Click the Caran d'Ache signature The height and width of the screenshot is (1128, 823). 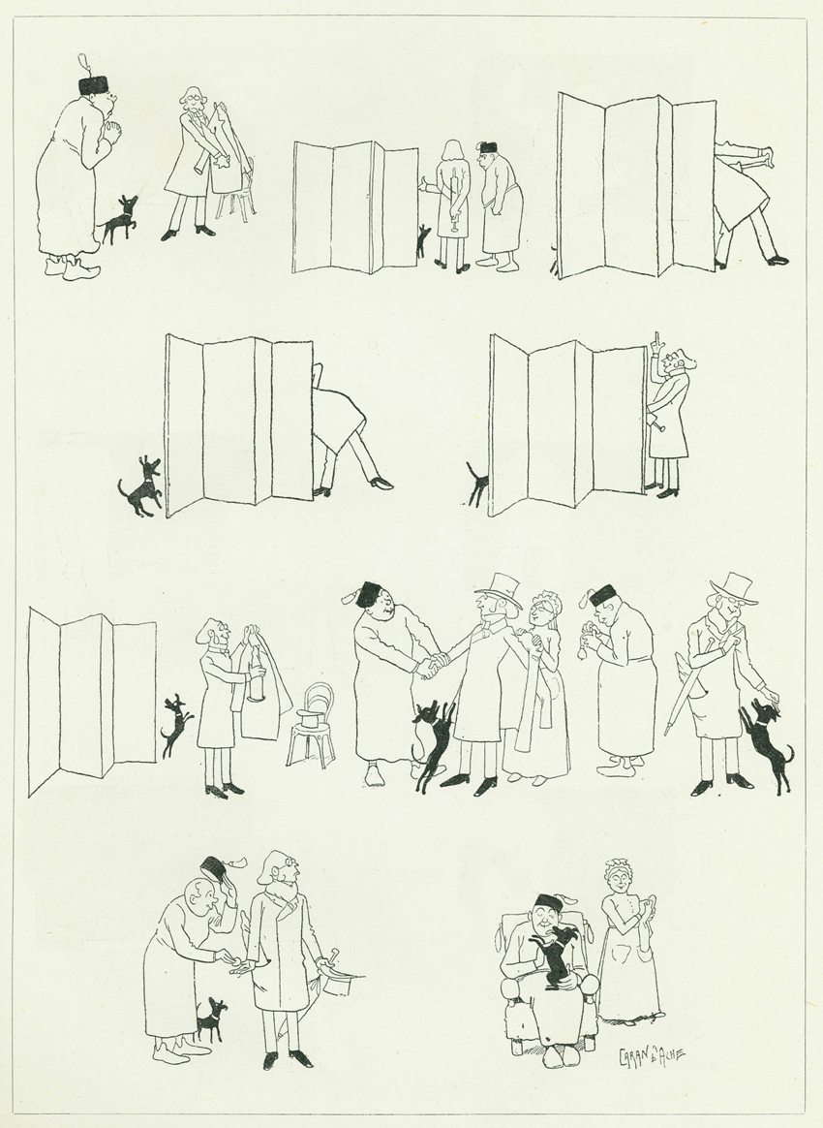coord(652,1057)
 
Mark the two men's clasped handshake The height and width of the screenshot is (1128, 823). coord(431,666)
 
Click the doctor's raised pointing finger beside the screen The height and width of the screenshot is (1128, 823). coord(655,341)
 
